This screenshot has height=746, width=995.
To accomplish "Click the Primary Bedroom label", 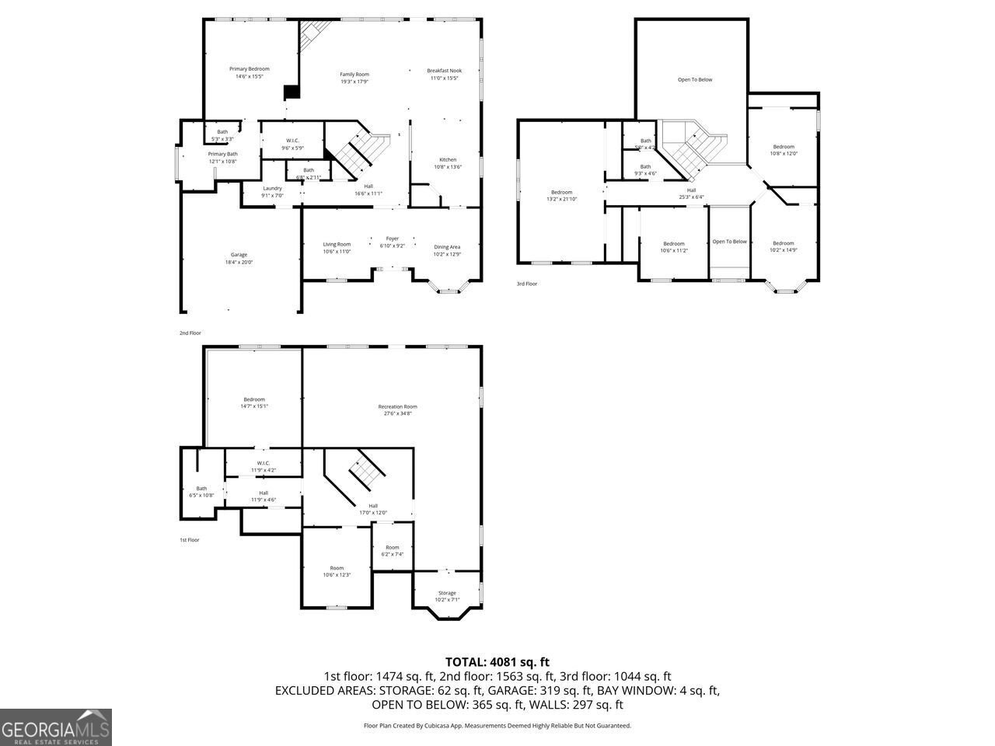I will [x=249, y=69].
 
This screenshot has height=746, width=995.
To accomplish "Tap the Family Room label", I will [x=354, y=74].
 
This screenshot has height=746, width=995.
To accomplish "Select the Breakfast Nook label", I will [x=444, y=71].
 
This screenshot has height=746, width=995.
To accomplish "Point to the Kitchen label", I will [x=448, y=159].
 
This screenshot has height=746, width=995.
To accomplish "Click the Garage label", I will [x=239, y=255].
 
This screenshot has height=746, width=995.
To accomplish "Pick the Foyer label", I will [x=393, y=239].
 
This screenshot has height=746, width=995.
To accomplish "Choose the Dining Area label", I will [x=447, y=247].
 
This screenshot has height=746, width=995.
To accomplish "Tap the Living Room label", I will [x=337, y=244].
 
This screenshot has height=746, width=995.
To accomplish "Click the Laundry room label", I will [x=272, y=188].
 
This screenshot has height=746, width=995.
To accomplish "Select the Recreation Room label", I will [x=397, y=406].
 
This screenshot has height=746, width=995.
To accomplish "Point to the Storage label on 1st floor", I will [x=447, y=593].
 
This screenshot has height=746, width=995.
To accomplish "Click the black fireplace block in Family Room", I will [x=292, y=92].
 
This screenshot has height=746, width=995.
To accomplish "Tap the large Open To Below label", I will [x=694, y=79].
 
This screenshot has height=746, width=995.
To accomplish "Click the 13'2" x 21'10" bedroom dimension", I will [x=561, y=200].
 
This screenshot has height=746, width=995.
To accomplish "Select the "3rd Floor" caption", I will [x=527, y=284].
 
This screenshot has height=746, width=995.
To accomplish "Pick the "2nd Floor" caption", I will [x=190, y=333].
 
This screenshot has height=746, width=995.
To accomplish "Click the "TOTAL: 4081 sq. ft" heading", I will [x=497, y=662].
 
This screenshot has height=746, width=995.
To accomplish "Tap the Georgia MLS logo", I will [x=56, y=727].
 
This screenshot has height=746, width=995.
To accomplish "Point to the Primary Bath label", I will [x=222, y=154].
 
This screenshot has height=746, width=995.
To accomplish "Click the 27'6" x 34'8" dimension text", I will [x=397, y=413].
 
